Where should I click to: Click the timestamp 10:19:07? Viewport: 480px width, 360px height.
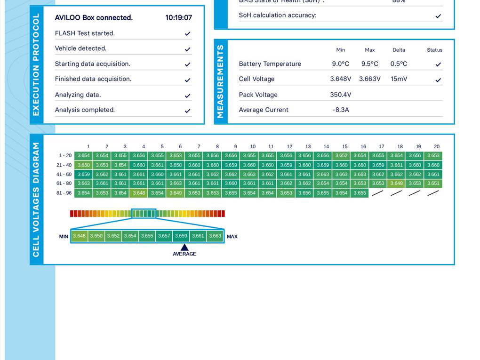tap(178, 18)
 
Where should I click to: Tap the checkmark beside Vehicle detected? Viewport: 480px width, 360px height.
tap(187, 49)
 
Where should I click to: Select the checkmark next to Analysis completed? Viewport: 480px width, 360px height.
tap(187, 111)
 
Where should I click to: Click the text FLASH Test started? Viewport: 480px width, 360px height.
tap(85, 33)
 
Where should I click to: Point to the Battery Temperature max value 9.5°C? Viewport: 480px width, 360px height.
tap(369, 64)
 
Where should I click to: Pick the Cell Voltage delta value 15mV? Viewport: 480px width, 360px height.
tap(399, 79)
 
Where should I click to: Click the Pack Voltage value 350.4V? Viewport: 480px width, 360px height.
tap(340, 95)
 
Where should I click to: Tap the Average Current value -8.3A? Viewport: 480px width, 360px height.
tap(340, 110)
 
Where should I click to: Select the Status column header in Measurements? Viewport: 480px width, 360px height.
tap(434, 50)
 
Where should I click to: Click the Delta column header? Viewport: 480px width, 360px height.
tap(399, 50)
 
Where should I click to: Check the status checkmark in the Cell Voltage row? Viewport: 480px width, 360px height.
tap(438, 80)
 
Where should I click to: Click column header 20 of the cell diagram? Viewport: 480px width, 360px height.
tap(437, 147)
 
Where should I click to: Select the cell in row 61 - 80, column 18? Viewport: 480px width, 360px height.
tap(396, 184)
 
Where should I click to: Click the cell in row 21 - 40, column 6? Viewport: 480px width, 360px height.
tap(176, 165)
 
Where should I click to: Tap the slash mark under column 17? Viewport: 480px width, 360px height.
tap(378, 193)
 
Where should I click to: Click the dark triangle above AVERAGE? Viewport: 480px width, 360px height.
tap(184, 247)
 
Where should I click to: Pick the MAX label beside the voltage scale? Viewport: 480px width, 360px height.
tap(232, 237)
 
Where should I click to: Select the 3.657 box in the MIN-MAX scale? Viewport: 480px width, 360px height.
tap(164, 236)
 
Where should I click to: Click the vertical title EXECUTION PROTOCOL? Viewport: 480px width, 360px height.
tap(36, 65)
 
